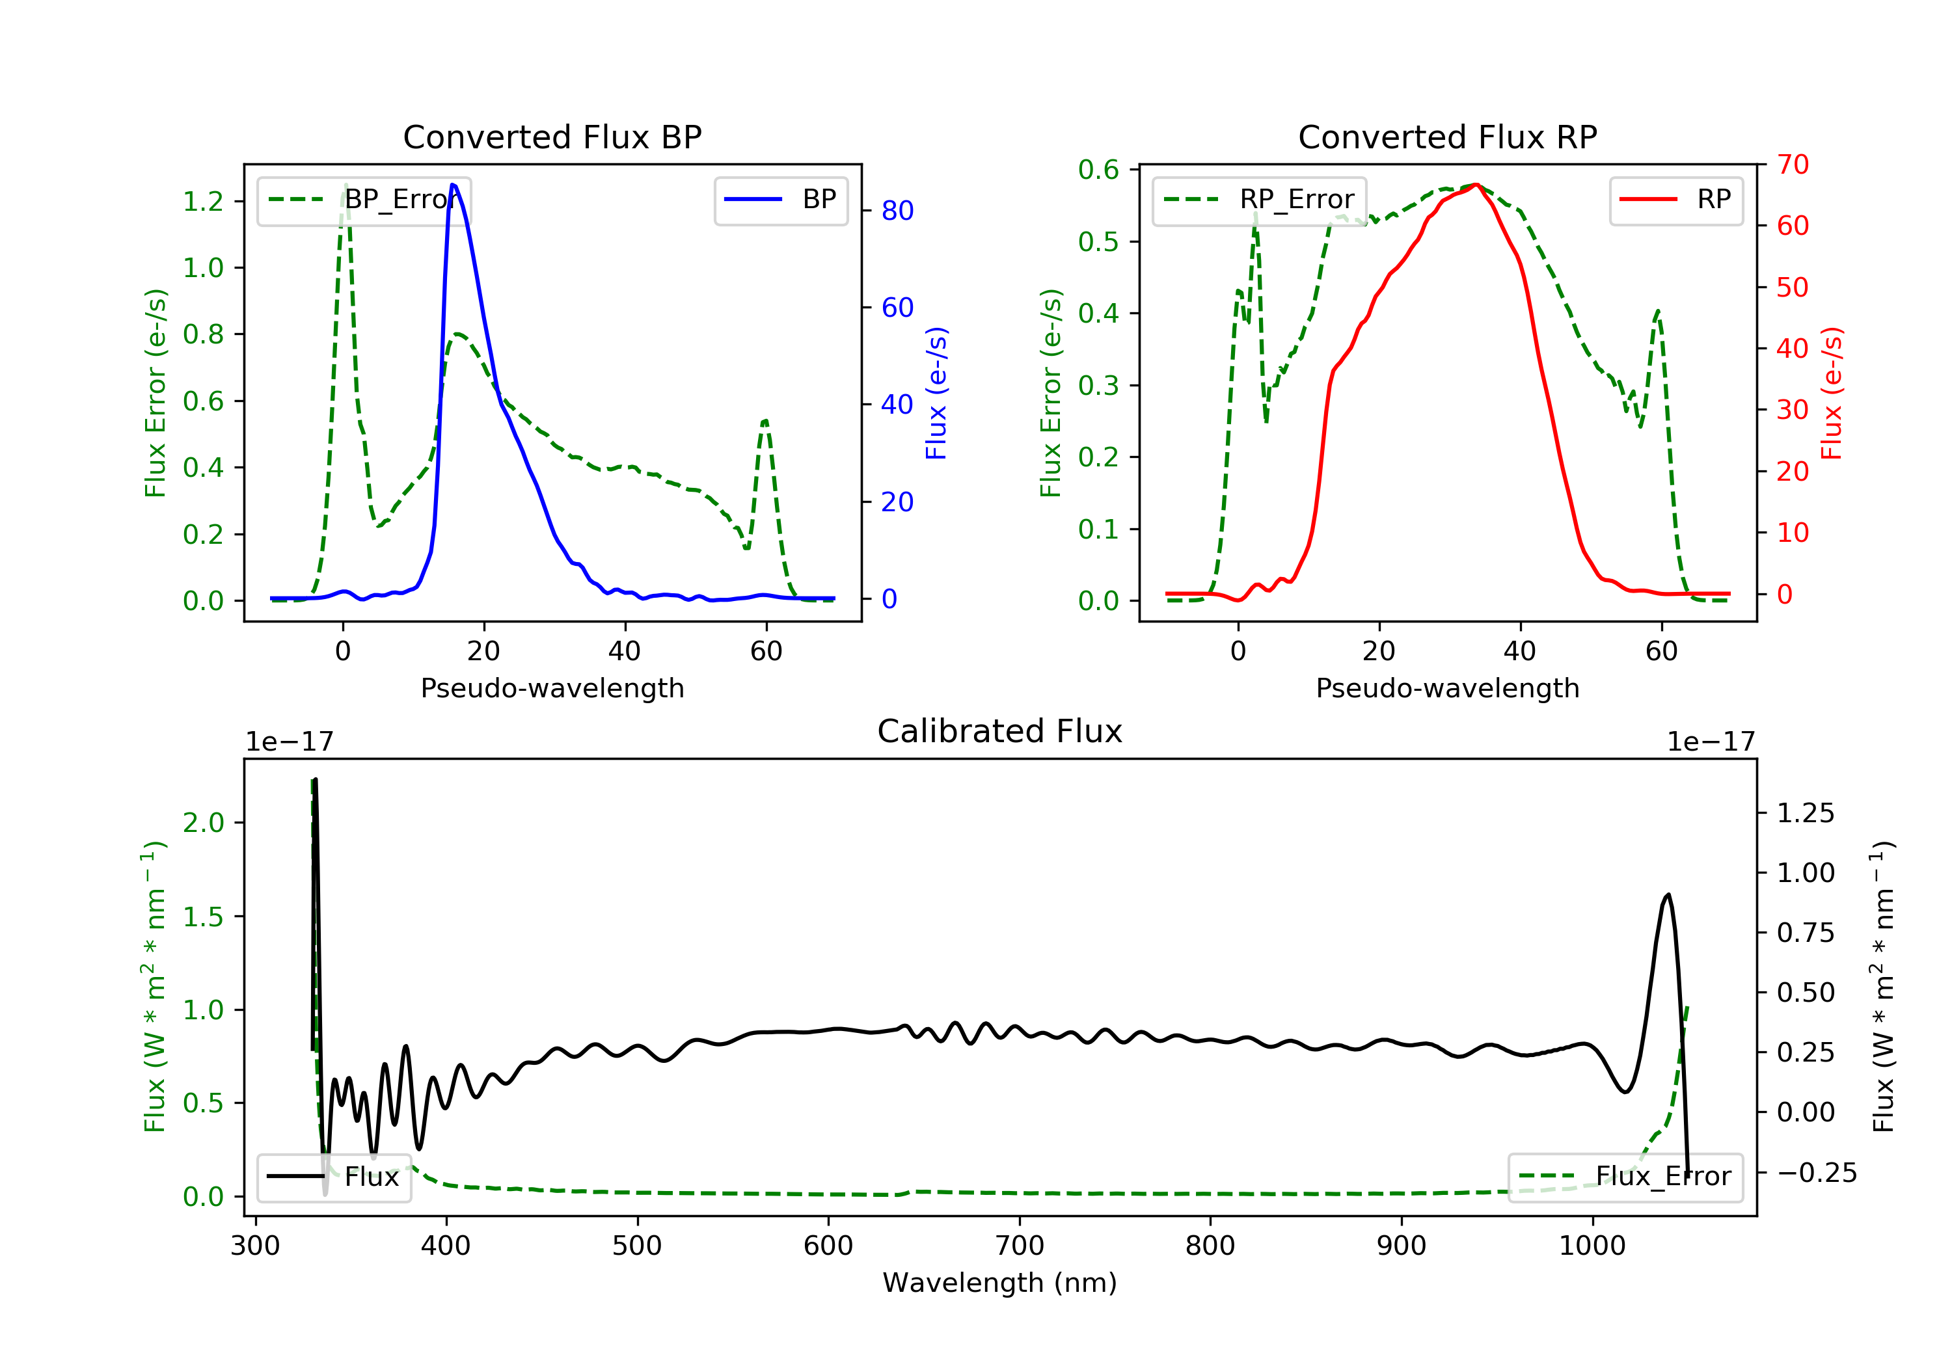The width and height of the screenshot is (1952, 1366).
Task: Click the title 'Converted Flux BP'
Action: [x=552, y=137]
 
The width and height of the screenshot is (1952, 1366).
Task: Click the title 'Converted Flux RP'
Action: [x=1447, y=137]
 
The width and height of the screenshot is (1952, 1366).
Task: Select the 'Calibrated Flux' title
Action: [x=1000, y=731]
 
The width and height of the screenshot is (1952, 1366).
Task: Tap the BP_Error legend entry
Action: [x=364, y=200]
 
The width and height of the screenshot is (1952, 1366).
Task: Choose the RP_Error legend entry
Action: [x=1259, y=200]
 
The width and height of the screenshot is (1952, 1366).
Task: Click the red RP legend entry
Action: [x=1675, y=200]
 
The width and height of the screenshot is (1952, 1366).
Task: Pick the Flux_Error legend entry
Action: [x=1625, y=1177]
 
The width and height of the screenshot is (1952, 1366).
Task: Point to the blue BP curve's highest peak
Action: [x=453, y=185]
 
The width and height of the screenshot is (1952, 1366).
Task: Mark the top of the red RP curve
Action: [x=1477, y=185]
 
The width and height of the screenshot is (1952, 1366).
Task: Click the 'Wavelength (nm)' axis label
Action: [x=1000, y=1283]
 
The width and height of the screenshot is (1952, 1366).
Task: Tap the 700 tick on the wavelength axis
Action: [x=1020, y=1245]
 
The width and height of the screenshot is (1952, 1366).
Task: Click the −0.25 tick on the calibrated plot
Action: [x=1816, y=1173]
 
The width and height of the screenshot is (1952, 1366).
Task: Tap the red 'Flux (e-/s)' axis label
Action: [x=1831, y=393]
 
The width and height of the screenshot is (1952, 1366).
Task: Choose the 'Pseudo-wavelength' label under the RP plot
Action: [x=1447, y=688]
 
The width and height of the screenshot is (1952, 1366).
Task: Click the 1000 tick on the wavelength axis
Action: [x=1592, y=1245]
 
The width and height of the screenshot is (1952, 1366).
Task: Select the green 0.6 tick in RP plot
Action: [x=1098, y=169]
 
